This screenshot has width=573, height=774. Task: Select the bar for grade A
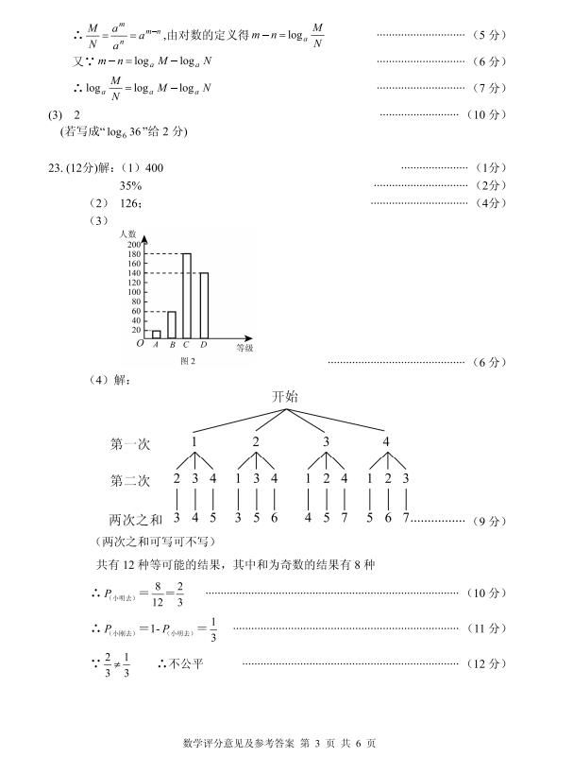coord(156,334)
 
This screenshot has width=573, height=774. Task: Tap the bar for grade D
coord(203,304)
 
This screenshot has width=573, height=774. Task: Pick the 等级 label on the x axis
coord(244,349)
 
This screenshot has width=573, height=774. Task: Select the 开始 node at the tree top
coord(284,397)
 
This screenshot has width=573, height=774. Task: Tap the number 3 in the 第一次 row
coord(327,441)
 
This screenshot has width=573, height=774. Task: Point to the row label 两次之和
coord(138,520)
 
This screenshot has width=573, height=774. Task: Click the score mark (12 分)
coord(487,664)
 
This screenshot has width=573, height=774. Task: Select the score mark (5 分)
coord(487,35)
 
